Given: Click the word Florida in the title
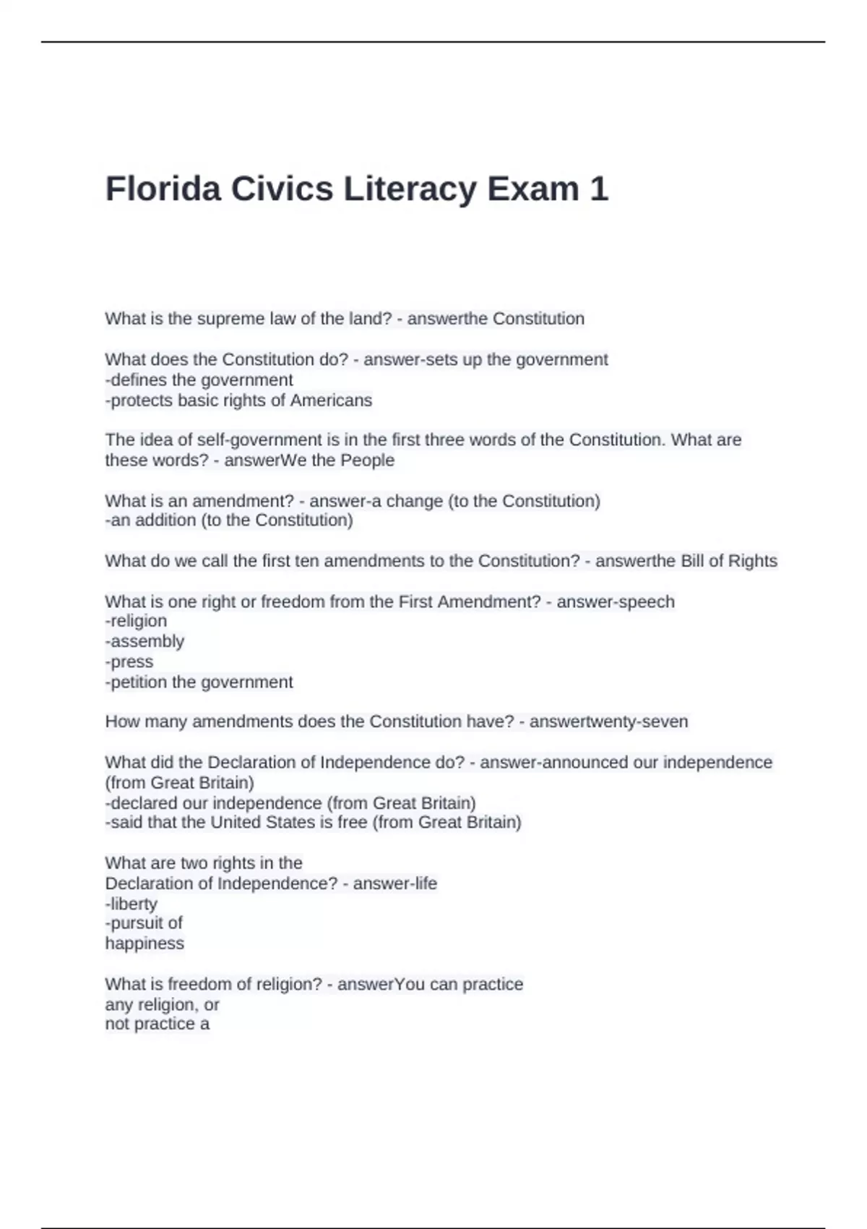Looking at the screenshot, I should coord(163,189).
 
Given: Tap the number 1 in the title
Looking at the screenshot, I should coord(599,189).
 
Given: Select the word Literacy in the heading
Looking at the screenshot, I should coord(410,189).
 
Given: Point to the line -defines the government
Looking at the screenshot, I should coord(199,380).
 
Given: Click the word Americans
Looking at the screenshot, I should coord(331,401).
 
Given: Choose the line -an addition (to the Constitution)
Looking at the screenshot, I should coord(229,521).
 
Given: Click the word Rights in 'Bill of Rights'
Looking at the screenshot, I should coord(753,561).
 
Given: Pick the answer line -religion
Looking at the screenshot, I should coord(137,621).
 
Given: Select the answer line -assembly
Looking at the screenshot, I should coord(145,641).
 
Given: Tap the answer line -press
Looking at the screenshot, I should coord(130,661).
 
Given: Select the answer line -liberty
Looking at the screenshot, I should coord(131,904).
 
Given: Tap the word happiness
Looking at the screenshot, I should coord(144,943).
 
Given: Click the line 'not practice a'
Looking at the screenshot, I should coord(158,1024).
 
